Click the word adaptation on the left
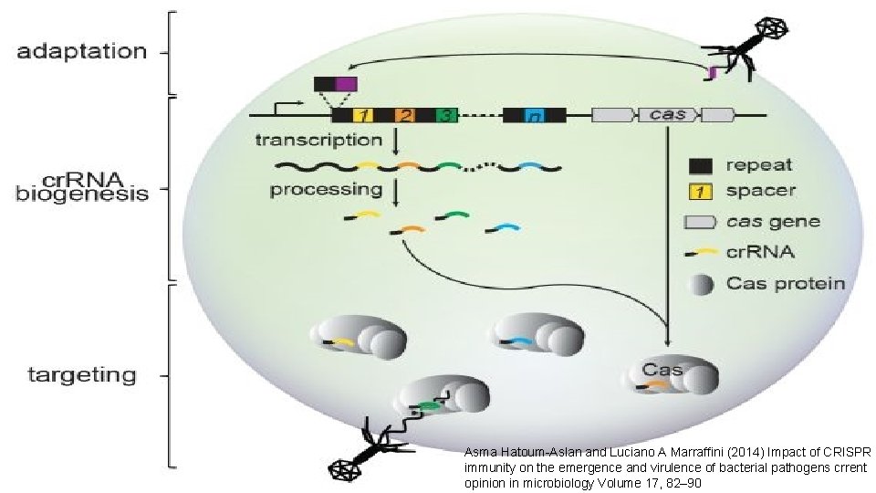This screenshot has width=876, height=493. [x=81, y=51]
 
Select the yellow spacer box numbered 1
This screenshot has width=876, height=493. [x=364, y=115]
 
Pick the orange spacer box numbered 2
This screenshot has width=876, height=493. [x=406, y=115]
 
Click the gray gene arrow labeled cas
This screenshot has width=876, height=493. [x=668, y=115]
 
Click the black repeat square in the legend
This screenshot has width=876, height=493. [x=700, y=166]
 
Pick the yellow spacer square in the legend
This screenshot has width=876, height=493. [x=700, y=192]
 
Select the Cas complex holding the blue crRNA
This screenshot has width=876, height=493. [x=529, y=336]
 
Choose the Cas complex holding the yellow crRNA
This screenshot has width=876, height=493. [x=351, y=339]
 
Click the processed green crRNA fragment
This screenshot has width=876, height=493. [x=453, y=216]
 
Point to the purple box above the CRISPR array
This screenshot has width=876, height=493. [x=346, y=84]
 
